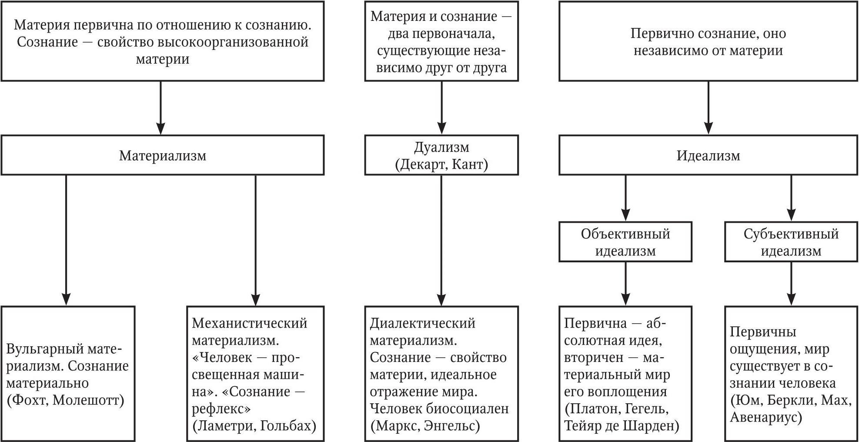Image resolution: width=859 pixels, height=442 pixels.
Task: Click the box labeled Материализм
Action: coord(162,155)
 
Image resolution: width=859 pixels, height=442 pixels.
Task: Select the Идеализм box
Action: coord(708,155)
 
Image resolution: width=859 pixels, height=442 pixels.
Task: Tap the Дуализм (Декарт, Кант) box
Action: coord(441,155)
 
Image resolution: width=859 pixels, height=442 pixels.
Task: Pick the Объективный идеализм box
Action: coord(625,242)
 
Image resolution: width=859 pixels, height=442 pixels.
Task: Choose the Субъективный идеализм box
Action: coord(791,242)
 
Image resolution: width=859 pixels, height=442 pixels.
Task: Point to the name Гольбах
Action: coord(288,425)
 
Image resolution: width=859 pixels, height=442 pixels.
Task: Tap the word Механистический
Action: coord(250,323)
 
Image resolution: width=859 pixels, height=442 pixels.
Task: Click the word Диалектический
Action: coord(422,323)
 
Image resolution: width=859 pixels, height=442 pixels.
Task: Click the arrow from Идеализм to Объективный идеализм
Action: coord(625,198)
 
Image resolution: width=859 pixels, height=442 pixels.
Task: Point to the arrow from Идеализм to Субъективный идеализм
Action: coord(791,198)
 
